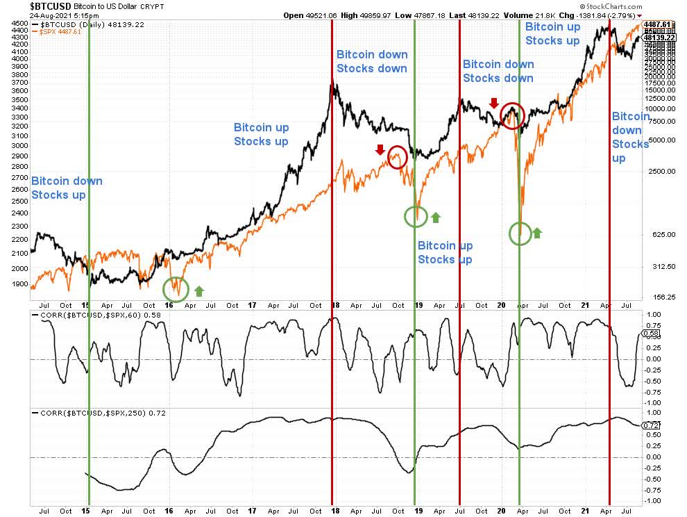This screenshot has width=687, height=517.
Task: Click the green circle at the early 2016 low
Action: (x=175, y=287)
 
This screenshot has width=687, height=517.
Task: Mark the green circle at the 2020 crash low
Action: (x=520, y=233)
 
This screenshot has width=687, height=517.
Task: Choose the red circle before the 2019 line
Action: (x=398, y=157)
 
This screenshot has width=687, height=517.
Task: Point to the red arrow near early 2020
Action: (x=493, y=104)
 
